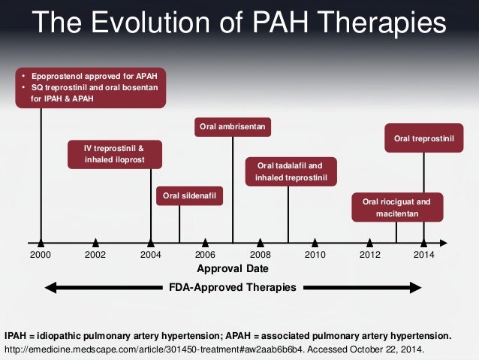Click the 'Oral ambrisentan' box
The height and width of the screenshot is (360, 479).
point(233,127)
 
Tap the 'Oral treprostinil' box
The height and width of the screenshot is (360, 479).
point(424,138)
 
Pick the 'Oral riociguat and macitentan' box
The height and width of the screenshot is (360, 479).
point(397,207)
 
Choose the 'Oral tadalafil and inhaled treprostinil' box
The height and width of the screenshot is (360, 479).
point(291,171)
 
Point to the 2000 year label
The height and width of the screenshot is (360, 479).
point(41,255)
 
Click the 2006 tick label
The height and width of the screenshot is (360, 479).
point(205,255)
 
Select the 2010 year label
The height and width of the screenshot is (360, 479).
point(315,255)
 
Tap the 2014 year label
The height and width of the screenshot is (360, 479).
point(424,255)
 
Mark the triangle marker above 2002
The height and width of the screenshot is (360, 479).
point(95,242)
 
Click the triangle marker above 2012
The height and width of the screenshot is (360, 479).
point(369,242)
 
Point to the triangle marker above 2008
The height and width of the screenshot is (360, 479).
point(261,242)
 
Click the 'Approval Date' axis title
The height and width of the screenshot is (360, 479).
point(232,268)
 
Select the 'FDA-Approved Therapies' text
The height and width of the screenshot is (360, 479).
point(232,287)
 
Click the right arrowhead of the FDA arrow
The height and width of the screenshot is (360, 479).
point(415,287)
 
